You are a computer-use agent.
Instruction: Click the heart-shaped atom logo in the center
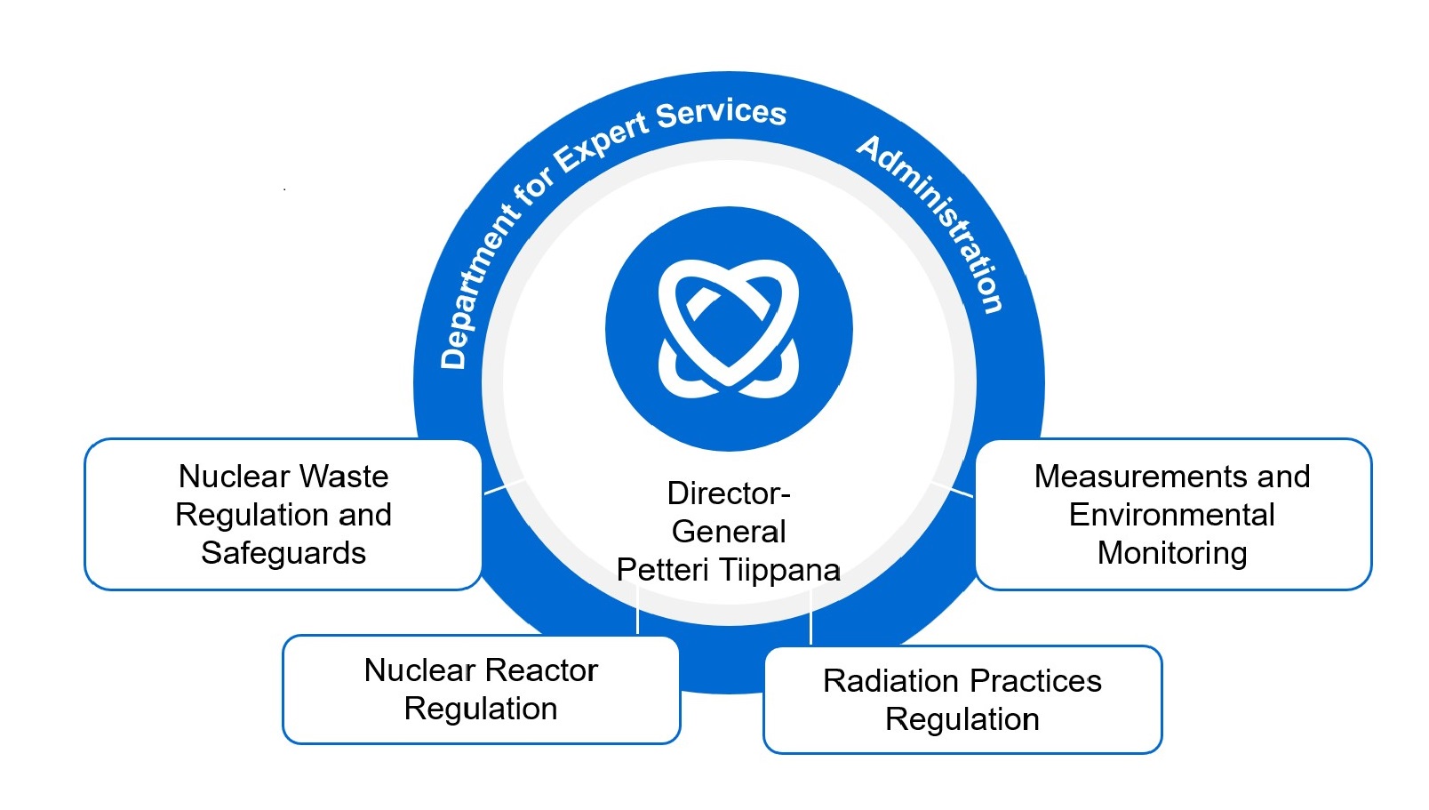[x=729, y=329]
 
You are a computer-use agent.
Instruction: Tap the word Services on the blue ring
[x=721, y=113]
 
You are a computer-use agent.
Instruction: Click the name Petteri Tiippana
[x=729, y=569]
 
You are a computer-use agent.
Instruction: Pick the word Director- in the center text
[x=729, y=493]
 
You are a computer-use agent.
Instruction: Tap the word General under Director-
[x=729, y=531]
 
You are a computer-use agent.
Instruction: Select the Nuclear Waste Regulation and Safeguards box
[x=283, y=514]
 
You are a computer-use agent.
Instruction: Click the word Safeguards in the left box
[x=283, y=553]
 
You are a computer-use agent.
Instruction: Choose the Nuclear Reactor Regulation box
[x=481, y=689]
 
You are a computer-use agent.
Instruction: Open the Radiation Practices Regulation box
[x=962, y=700]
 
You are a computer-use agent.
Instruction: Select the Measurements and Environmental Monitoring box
[x=1172, y=514]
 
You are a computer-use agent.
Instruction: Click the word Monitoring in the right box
[x=1172, y=553]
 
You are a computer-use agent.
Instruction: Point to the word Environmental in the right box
[x=1172, y=515]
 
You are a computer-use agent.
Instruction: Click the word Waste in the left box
[x=344, y=477]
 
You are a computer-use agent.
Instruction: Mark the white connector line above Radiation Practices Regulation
[x=810, y=618]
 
